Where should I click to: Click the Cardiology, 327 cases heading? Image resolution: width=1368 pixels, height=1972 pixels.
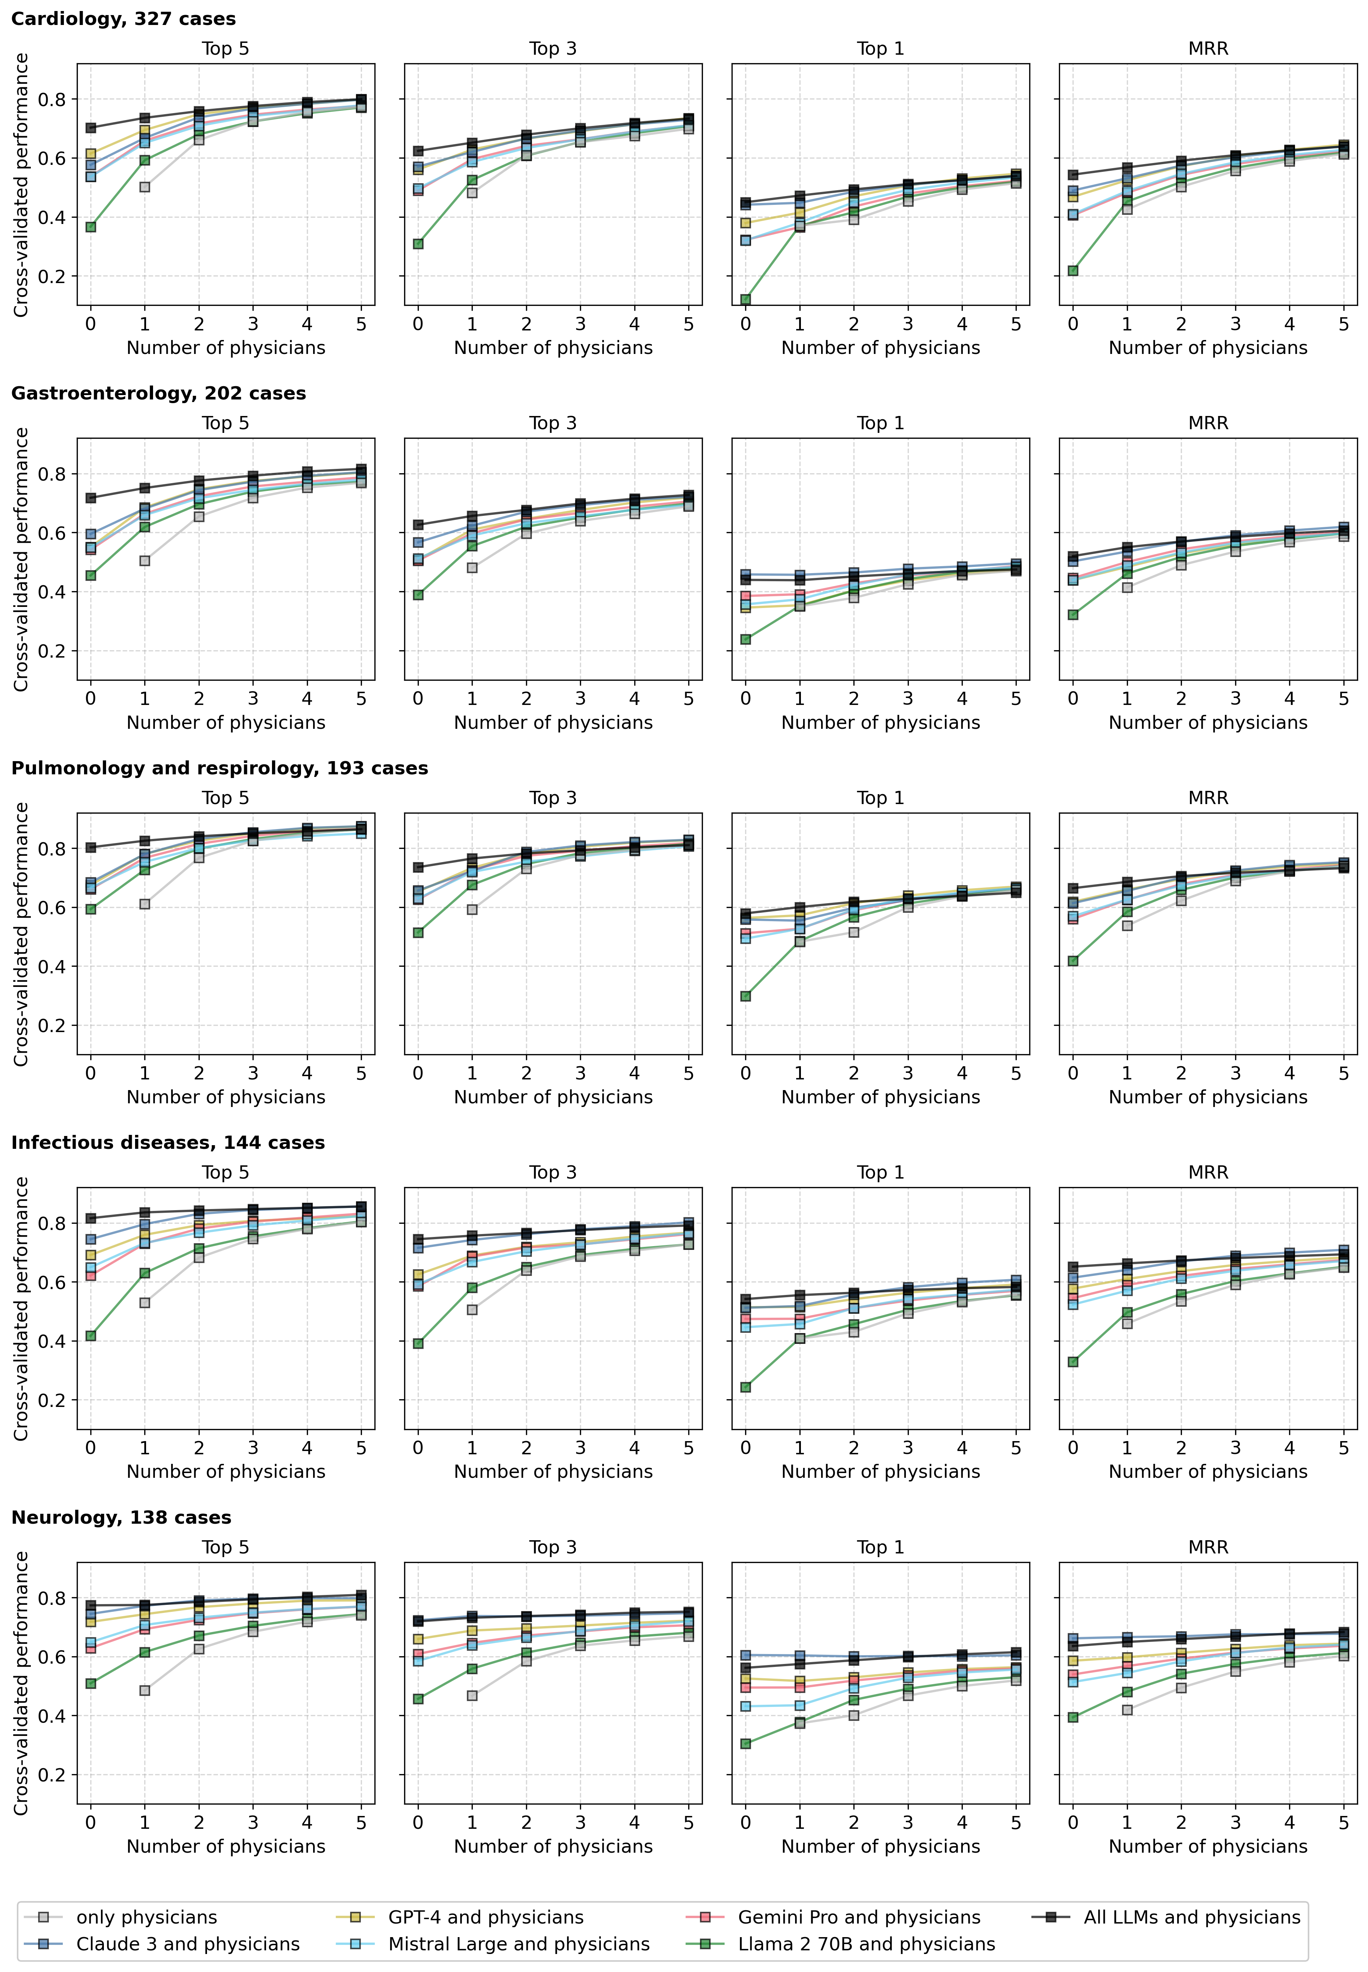123,19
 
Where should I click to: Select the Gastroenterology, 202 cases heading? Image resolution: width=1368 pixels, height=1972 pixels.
159,394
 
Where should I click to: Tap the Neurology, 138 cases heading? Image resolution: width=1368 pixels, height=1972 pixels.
121,1517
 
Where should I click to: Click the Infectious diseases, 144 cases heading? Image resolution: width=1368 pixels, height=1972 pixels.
168,1143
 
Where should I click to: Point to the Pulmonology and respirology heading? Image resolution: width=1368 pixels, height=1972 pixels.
219,768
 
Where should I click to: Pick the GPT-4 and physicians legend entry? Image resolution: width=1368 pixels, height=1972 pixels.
485,1917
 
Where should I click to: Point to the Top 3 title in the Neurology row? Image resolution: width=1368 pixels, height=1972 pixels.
553,1548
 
